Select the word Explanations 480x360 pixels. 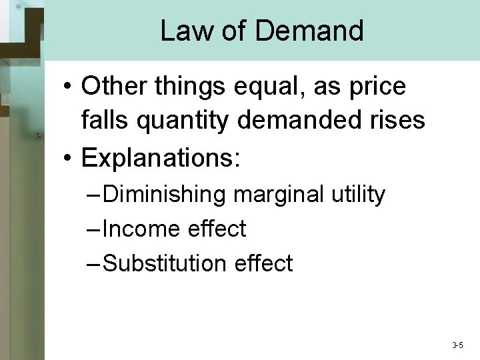159,159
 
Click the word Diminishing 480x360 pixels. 166,195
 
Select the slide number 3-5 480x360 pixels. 457,345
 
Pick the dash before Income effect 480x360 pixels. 94,230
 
